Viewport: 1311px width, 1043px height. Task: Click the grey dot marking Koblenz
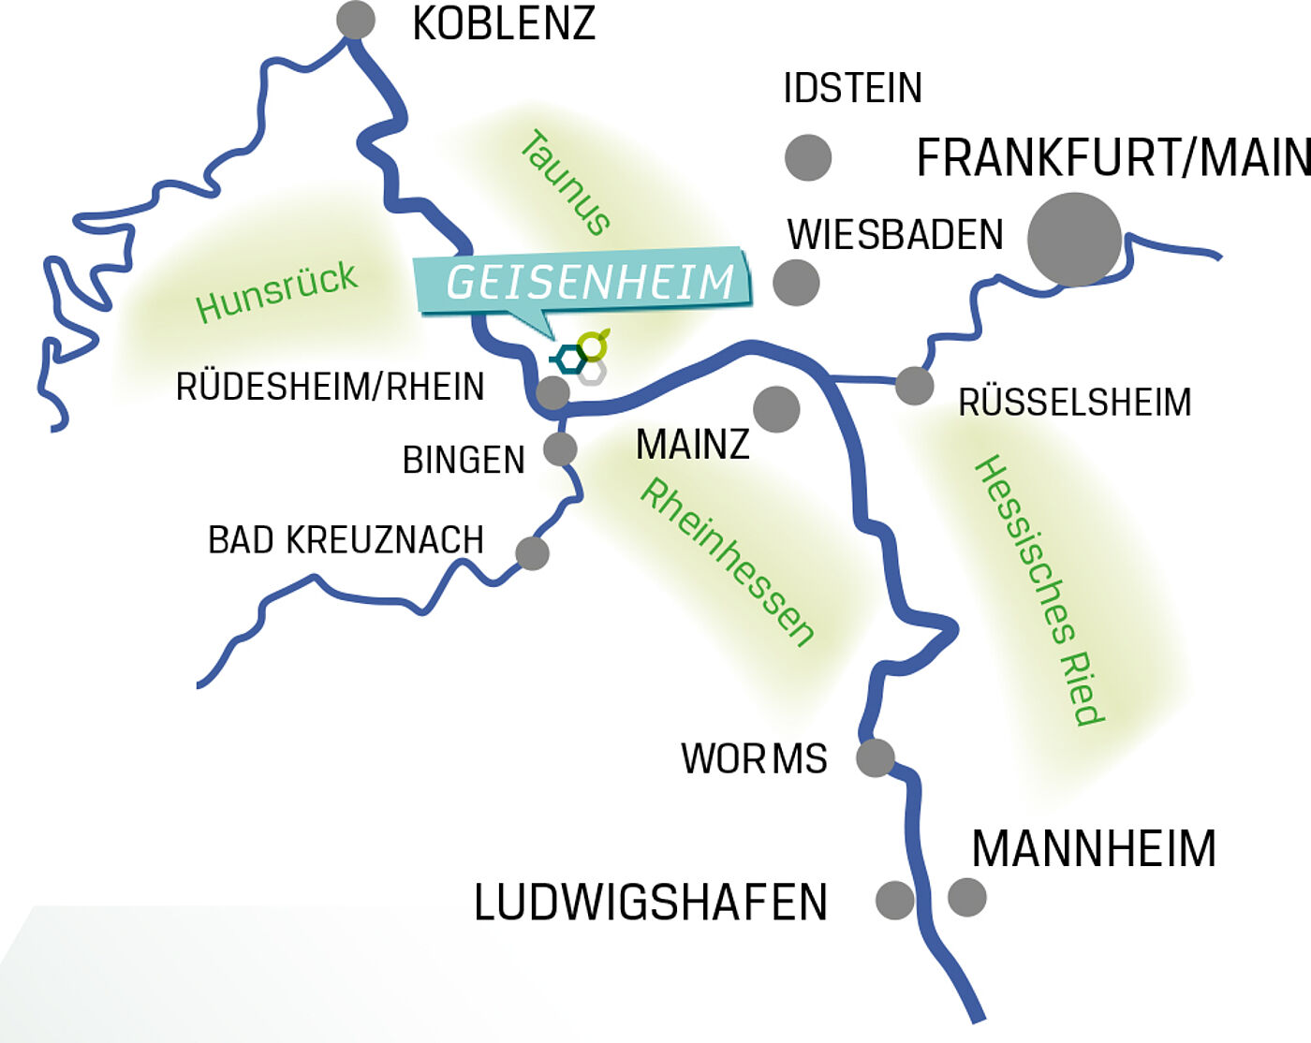(x=356, y=20)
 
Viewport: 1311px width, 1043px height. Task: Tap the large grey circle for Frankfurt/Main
(x=1074, y=240)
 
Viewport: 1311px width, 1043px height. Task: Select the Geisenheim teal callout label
(x=584, y=282)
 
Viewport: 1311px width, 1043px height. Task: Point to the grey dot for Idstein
(x=807, y=157)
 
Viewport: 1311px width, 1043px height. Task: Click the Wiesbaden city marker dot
(x=796, y=283)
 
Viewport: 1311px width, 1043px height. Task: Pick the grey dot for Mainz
(x=776, y=409)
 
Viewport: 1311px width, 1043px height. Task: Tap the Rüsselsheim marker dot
(x=914, y=386)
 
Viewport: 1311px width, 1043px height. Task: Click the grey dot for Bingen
(x=560, y=449)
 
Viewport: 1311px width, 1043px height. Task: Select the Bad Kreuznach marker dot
(x=532, y=553)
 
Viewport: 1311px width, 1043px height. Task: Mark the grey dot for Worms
(x=876, y=757)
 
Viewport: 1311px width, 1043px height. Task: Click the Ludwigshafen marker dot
(x=894, y=900)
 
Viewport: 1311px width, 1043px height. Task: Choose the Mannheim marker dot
(x=967, y=896)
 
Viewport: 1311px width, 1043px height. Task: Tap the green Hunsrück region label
(x=276, y=291)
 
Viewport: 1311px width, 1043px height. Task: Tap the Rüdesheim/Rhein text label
(x=330, y=387)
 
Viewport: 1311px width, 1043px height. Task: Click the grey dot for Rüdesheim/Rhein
(x=552, y=393)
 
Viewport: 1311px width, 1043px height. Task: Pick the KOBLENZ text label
(x=504, y=23)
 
